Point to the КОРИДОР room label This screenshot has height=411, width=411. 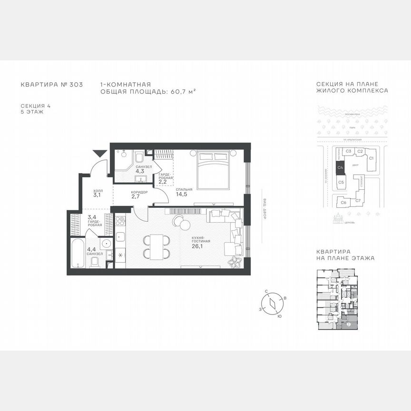139,192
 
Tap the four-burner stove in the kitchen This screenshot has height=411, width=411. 120,222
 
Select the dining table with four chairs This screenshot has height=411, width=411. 155,246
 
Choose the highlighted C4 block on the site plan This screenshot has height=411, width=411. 341,167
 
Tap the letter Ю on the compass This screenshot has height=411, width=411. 279,316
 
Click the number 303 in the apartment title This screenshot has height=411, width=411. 76,85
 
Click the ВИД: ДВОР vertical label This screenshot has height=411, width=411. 265,208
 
